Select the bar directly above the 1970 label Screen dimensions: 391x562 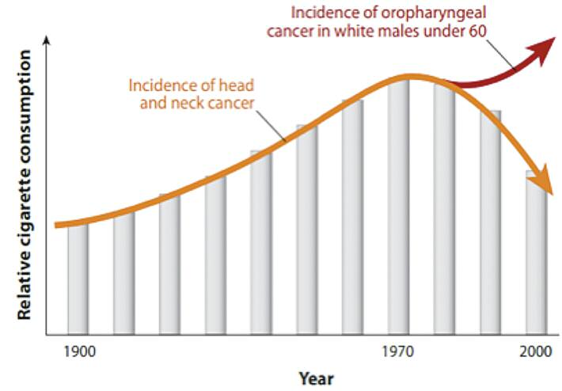tap(399, 206)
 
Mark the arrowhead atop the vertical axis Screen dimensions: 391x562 tap(48, 40)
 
